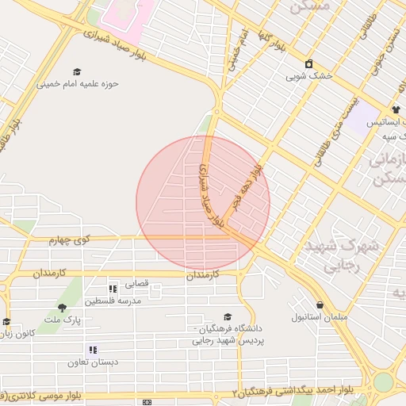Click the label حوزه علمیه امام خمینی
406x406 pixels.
pyautogui.click(x=77, y=84)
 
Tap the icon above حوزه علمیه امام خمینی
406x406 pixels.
pyautogui.click(x=77, y=71)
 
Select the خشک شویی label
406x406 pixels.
pyautogui.click(x=308, y=77)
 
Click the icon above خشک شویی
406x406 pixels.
pyautogui.click(x=308, y=64)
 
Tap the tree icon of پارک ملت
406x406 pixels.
pyautogui.click(x=62, y=308)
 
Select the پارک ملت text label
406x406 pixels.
pyautogui.click(x=63, y=320)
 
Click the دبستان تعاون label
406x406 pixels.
pyautogui.click(x=93, y=362)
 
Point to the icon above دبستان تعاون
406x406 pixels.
pyautogui.click(x=93, y=350)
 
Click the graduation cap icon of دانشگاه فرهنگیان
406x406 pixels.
pyautogui.click(x=228, y=316)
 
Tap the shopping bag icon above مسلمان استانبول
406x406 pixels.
pyautogui.click(x=320, y=304)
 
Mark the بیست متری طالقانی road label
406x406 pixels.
pyautogui.click(x=332, y=124)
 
